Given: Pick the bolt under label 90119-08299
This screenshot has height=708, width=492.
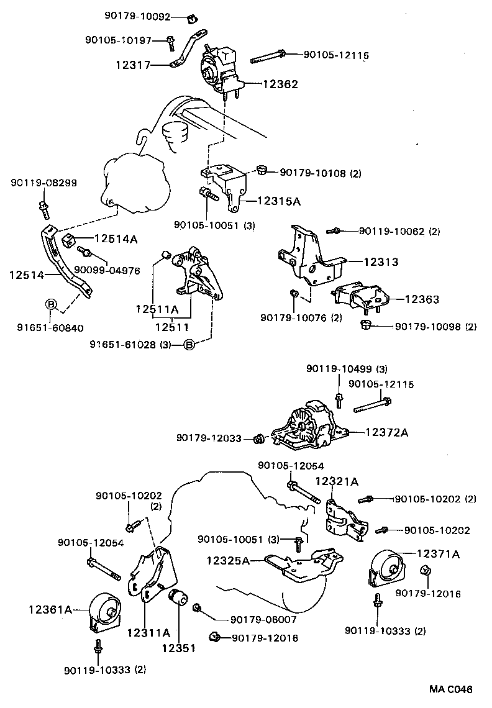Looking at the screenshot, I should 43,208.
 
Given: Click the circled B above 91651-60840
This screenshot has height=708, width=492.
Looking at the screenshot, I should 52,304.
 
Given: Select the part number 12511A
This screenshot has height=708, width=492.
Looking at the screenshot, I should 157,309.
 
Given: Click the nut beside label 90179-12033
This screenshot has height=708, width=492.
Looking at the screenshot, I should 261,440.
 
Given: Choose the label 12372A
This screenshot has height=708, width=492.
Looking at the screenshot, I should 386,432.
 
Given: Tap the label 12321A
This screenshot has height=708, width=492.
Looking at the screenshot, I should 337,481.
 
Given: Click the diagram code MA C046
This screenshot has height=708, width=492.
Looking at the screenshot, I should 450,689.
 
